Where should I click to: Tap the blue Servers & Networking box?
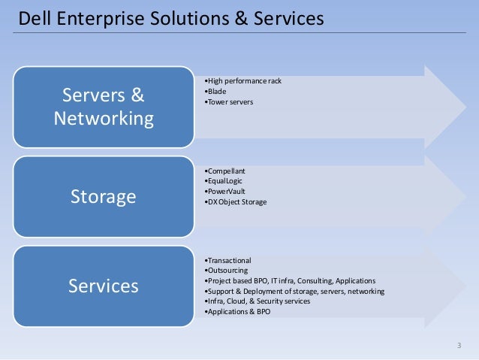104,107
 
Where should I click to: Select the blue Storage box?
104,197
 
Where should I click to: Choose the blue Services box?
104,286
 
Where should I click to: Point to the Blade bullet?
215,91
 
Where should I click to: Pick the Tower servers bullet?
229,101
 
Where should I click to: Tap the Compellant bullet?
224,171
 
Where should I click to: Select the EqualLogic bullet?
224,181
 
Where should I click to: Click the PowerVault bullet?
224,192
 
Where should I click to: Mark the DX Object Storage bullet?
236,202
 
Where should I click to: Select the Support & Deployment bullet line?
294,291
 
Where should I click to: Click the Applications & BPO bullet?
237,311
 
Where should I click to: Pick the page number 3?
459,345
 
